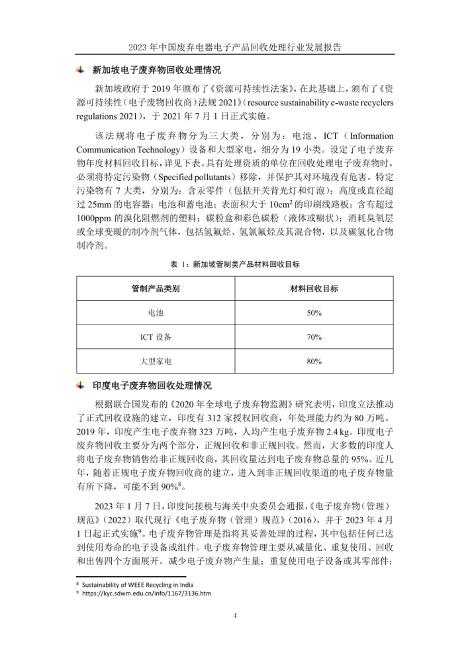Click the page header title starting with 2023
(x=235, y=48)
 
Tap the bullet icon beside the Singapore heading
(x=81, y=70)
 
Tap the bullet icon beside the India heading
(x=81, y=385)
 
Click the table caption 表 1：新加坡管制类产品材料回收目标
(x=235, y=264)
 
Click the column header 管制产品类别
(x=156, y=289)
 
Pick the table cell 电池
(x=156, y=313)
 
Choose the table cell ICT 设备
(x=156, y=337)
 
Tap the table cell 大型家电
(x=156, y=362)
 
